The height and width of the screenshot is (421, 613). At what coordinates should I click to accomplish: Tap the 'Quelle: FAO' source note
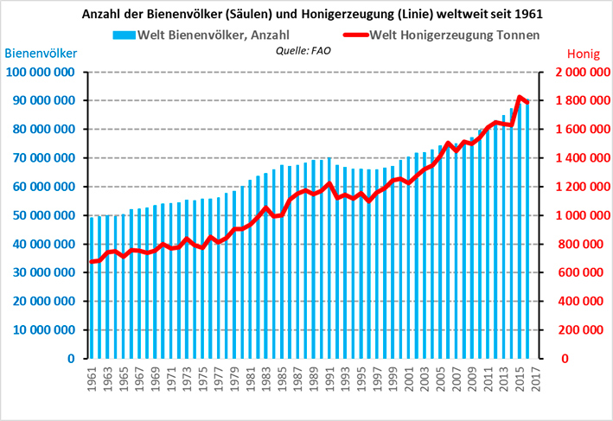tap(300, 50)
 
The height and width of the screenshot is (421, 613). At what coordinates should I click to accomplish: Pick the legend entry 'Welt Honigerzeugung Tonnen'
tap(441, 35)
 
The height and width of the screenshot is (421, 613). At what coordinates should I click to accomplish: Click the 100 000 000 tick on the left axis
tap(42, 72)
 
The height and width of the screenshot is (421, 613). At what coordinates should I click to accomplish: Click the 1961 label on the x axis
tap(92, 379)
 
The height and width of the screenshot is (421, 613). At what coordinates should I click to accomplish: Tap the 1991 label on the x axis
tap(329, 379)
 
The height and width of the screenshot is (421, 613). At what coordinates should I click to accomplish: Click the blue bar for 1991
tap(329, 258)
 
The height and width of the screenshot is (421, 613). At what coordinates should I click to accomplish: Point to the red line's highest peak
tap(520, 98)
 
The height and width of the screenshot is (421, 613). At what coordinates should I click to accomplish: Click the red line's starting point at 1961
tap(92, 262)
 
